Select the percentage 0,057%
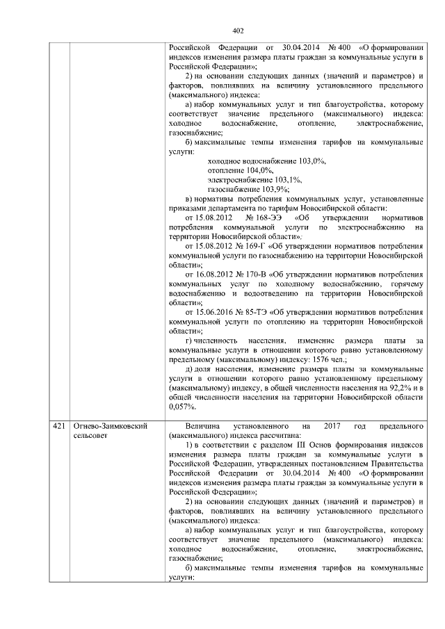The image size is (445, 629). click(181, 407)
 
